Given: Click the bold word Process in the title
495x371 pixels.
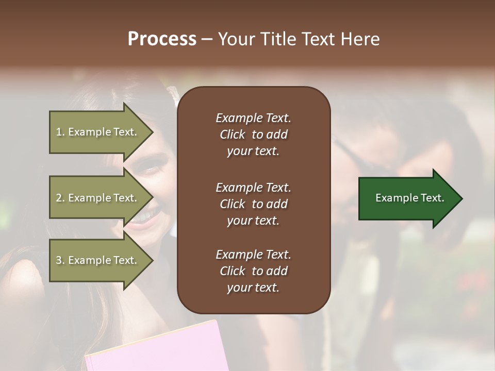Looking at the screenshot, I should (x=162, y=39).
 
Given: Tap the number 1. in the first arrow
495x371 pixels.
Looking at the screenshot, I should (x=60, y=132).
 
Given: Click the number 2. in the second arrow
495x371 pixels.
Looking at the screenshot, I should (x=60, y=198).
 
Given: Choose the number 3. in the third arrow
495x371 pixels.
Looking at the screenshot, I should (x=60, y=260).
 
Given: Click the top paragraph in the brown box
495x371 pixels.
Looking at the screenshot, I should (x=253, y=134).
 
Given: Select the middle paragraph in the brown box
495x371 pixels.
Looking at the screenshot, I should (x=253, y=204).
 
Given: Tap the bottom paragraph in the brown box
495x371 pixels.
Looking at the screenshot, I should (x=253, y=271).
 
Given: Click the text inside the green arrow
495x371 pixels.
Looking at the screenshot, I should (x=410, y=198).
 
